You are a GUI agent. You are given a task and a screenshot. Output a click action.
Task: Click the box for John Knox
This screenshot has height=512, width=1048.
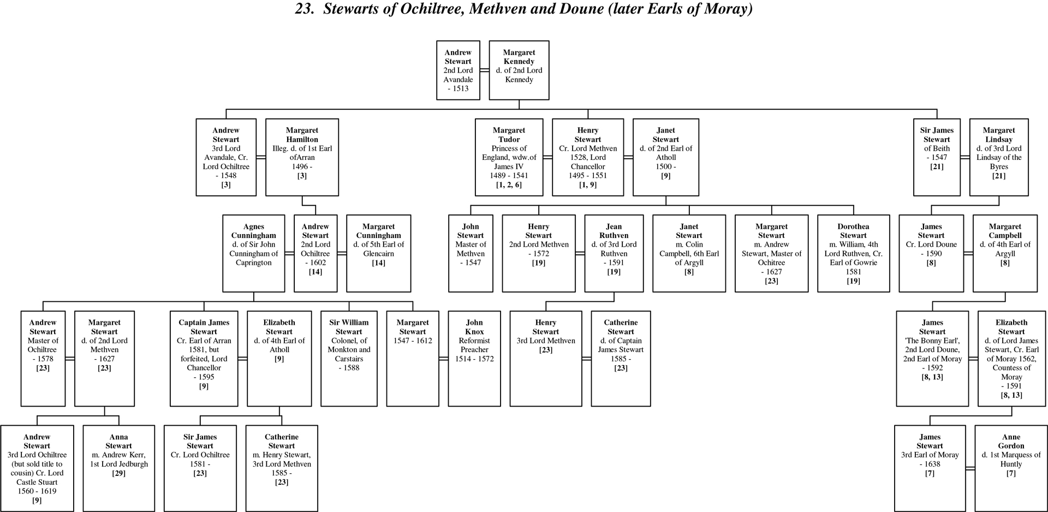[x=474, y=359]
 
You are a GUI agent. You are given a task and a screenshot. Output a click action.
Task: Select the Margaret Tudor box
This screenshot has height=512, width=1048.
[x=509, y=157]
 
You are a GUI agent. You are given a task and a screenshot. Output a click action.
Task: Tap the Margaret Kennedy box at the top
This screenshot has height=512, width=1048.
[x=519, y=70]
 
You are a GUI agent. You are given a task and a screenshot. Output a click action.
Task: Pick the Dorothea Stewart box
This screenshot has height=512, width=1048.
[x=853, y=253]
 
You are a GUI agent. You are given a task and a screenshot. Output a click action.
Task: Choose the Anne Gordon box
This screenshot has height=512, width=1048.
[x=1011, y=468]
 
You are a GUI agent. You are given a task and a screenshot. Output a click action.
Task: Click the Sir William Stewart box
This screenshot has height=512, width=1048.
[x=349, y=359]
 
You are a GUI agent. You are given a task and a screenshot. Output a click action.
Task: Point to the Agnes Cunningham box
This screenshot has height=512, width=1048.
[x=254, y=253]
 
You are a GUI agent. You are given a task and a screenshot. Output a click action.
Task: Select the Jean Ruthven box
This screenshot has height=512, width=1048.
[x=614, y=253]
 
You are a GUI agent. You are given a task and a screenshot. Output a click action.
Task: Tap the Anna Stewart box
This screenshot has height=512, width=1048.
[x=118, y=468]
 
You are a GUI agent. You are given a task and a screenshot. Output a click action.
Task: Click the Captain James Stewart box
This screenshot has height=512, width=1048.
[x=204, y=359]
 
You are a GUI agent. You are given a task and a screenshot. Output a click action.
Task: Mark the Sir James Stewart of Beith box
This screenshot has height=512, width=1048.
[x=937, y=157]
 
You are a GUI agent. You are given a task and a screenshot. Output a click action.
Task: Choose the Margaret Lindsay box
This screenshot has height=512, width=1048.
[x=999, y=157]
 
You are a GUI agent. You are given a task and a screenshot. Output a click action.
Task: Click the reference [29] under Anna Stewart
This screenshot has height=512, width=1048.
[x=118, y=473]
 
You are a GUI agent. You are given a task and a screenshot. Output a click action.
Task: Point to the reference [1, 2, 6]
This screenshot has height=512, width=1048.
[x=509, y=185]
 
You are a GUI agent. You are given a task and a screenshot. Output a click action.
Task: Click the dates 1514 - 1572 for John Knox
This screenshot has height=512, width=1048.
[x=474, y=359]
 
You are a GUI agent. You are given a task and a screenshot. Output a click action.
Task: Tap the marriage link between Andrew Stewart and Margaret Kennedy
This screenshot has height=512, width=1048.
[x=485, y=70]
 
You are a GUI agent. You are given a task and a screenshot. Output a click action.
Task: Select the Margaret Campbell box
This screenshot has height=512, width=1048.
[x=1005, y=253]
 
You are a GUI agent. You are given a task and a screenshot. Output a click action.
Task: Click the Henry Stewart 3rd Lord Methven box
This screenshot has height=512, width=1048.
[x=546, y=359]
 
